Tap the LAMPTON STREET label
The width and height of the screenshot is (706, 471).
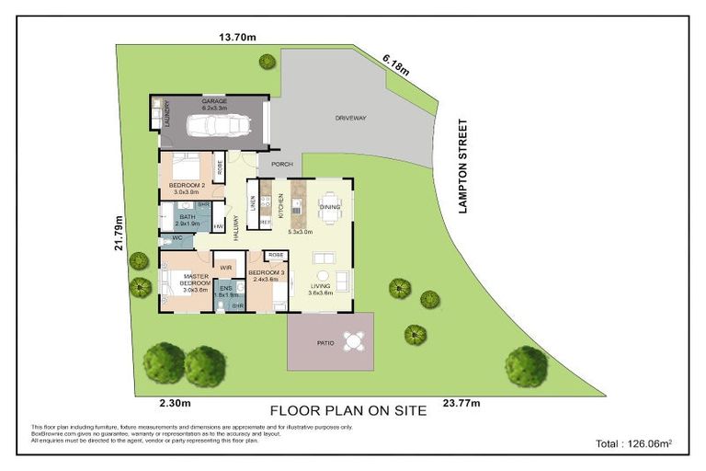tap(464, 167)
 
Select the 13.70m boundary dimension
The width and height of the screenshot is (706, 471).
tap(235, 38)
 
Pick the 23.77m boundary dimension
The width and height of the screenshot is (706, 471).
tap(462, 402)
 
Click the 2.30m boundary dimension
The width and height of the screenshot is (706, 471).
tap(175, 402)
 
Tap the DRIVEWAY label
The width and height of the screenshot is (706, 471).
tap(350, 119)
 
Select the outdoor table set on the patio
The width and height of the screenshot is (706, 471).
tap(353, 340)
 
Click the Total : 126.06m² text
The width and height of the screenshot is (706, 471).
tap(633, 443)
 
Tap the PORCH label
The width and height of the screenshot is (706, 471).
tap(281, 165)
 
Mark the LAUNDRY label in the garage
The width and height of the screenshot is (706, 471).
tap(166, 115)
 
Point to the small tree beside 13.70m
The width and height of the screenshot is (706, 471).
tap(267, 62)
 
